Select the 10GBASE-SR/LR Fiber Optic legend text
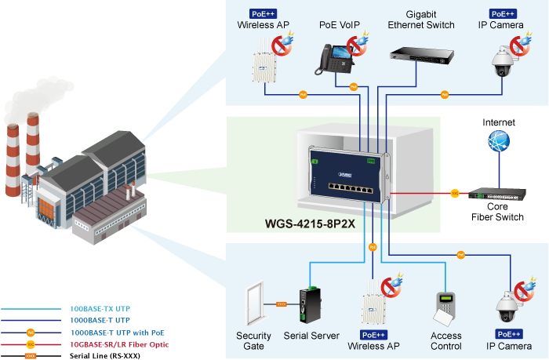119,344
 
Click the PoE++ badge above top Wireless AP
263,13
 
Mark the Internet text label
498,122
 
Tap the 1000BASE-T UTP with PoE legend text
116,333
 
